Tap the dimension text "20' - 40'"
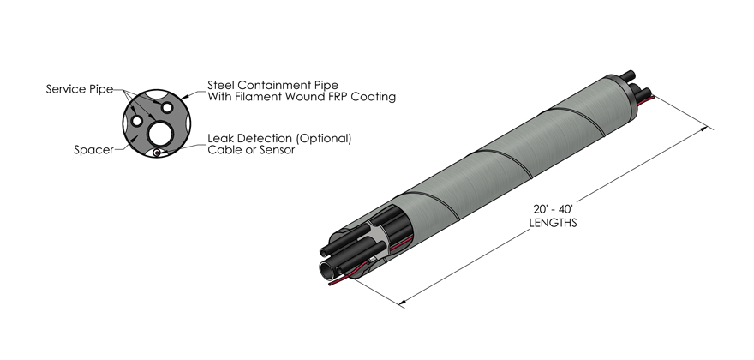(552, 210)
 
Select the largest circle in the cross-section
(160, 133)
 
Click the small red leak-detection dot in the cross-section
(157, 153)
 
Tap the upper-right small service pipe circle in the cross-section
(168, 106)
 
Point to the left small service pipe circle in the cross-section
(137, 119)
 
